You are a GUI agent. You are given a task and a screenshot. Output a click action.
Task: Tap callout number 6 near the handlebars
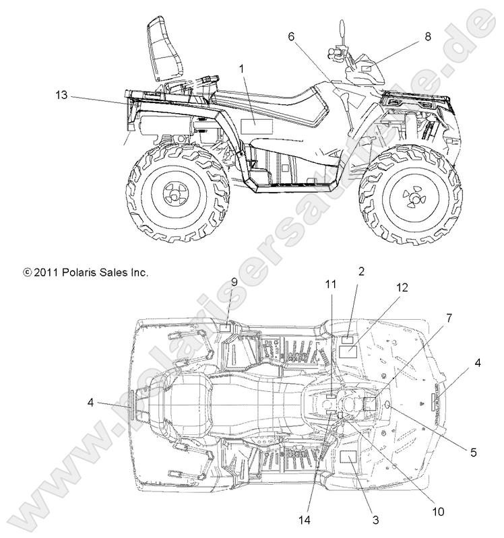[x=292, y=37]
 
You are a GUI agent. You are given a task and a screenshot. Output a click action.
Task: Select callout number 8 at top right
[x=427, y=38]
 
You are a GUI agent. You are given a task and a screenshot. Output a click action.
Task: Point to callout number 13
[x=61, y=96]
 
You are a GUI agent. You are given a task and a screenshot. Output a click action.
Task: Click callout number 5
[x=474, y=453]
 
